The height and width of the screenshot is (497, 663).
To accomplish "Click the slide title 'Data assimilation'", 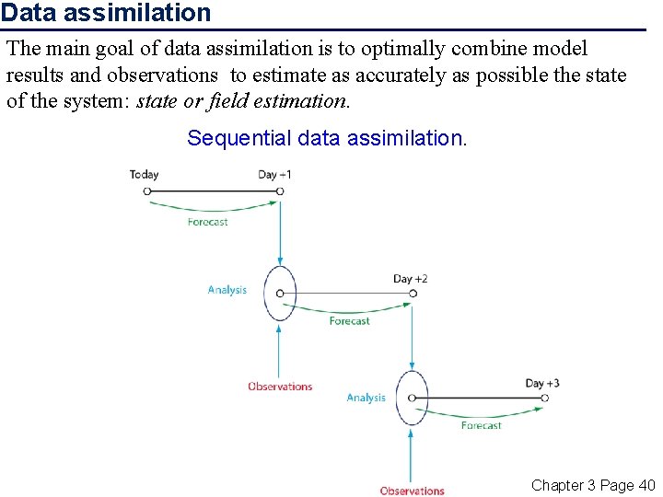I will coord(106,13).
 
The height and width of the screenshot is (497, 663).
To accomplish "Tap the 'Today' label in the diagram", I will coord(144,174).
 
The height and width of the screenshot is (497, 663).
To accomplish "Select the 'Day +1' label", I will coord(274,174).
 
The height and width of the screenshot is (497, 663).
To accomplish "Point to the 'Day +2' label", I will coord(410,278).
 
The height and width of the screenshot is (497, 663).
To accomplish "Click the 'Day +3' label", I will coord(542,383).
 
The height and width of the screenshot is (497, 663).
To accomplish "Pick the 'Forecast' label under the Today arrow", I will coord(207,222).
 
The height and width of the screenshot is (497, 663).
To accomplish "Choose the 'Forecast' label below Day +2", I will coord(349,321).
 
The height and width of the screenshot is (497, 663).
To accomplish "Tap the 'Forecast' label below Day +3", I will coord(481,425).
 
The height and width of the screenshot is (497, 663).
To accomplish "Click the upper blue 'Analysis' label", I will coord(227,290).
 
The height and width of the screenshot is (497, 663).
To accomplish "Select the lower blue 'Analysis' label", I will coord(366,398).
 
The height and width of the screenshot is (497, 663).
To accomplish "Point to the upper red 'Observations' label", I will coord(280,387).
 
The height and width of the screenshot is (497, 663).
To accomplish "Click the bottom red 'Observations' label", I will coord(412,491).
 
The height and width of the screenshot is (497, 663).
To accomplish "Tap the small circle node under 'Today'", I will coord(146,191).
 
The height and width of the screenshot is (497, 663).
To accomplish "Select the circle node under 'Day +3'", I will coord(545,399).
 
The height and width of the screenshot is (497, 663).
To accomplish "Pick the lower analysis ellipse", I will coord(412,398).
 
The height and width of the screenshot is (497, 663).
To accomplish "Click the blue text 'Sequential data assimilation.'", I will coord(327,138).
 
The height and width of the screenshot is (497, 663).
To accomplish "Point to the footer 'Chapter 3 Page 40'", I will coord(593,485).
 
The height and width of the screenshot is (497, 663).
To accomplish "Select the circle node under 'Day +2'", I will coord(413,294).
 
